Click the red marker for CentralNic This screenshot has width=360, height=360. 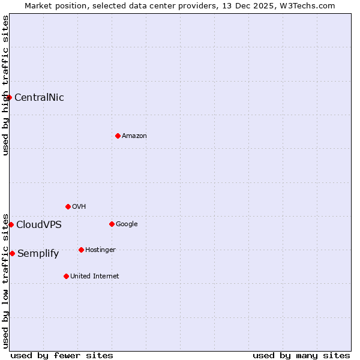pyautogui.click(x=9, y=97)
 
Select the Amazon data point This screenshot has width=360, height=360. pyautogui.click(x=118, y=136)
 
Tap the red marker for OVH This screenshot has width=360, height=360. pyautogui.click(x=68, y=206)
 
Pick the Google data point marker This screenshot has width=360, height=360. pyautogui.click(x=112, y=224)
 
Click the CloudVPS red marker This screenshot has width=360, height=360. pyautogui.click(x=11, y=224)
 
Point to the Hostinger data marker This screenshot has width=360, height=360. pyautogui.click(x=81, y=250)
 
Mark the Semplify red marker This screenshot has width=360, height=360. pyautogui.click(x=12, y=253)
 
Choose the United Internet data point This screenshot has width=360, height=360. pyautogui.click(x=66, y=276)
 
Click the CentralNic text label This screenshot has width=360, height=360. pyautogui.click(x=39, y=97)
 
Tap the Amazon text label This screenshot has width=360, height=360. pyautogui.click(x=134, y=136)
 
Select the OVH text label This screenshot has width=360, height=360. pyautogui.click(x=79, y=207)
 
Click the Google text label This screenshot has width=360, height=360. pyautogui.click(x=127, y=224)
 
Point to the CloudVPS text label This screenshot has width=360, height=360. pyautogui.click(x=39, y=225)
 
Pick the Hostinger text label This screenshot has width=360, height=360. pyautogui.click(x=100, y=250)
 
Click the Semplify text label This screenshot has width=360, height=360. pyautogui.click(x=38, y=254)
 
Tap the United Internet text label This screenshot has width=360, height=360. pyautogui.click(x=94, y=277)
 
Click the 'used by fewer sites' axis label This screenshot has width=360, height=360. pyautogui.click(x=62, y=355)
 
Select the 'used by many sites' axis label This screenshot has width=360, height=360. pyautogui.click(x=301, y=355)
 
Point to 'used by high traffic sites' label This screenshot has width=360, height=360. pyautogui.click(x=5, y=85)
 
